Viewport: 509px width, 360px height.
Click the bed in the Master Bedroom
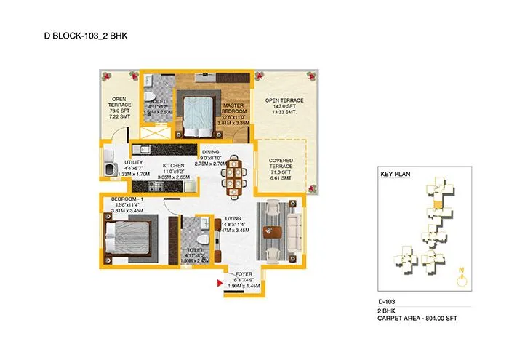point(194,114)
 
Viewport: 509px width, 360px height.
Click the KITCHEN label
point(173,165)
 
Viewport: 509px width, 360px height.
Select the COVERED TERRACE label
point(281,164)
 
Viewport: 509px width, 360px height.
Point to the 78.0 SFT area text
point(119,110)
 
